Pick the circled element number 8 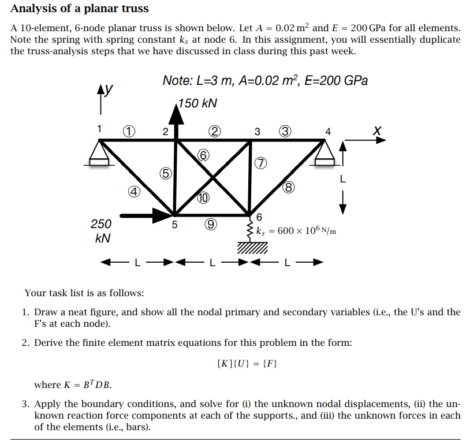click(x=289, y=187)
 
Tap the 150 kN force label click(x=198, y=103)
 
